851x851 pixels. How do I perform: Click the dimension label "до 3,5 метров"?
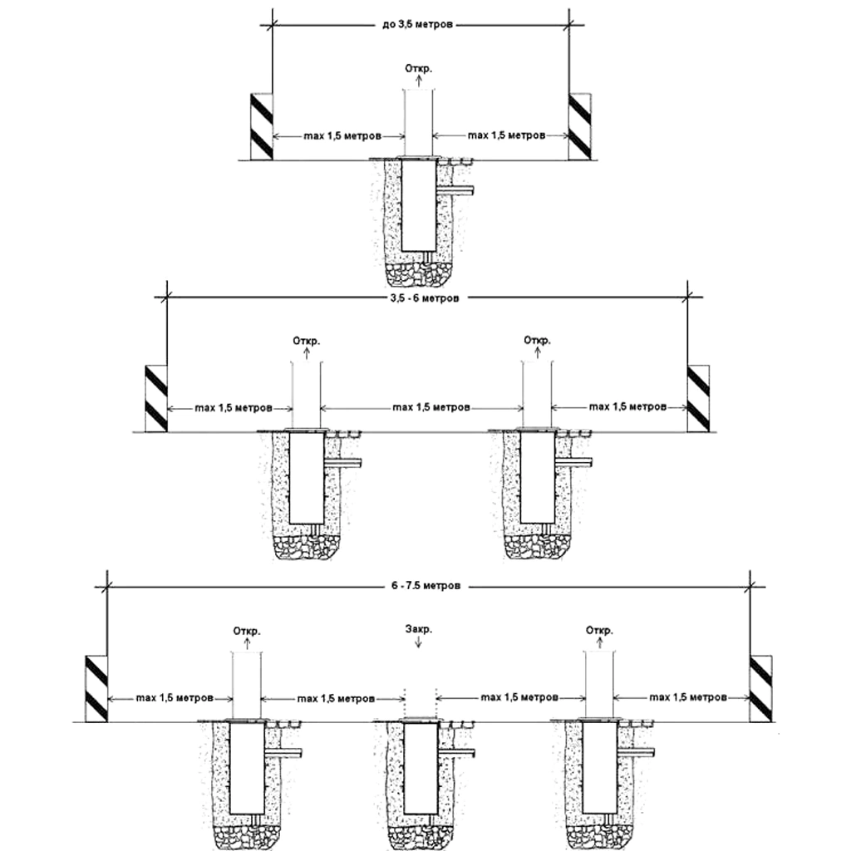pos(418,26)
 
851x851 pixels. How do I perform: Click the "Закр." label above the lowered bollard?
pos(417,629)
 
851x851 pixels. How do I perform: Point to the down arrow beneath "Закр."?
pos(417,645)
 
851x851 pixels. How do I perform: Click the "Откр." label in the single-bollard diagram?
pos(417,67)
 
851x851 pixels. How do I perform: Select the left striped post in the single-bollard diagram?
pos(262,126)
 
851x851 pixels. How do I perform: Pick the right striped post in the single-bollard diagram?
pos(579,126)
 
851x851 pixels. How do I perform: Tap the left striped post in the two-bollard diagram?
pos(156,398)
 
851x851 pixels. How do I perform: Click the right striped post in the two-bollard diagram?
pos(698,398)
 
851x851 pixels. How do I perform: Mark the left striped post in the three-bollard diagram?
pos(96,688)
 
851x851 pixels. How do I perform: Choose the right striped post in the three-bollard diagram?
pos(761,688)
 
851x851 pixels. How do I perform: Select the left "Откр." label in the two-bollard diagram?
pos(306,340)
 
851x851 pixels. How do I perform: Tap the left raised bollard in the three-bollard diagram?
pos(246,686)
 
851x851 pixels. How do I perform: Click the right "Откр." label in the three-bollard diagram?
pos(599,629)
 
